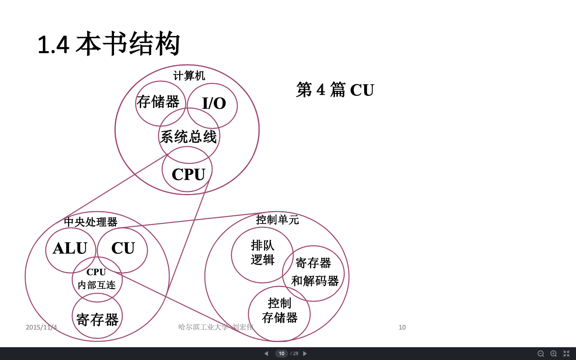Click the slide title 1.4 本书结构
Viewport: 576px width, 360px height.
tap(108, 44)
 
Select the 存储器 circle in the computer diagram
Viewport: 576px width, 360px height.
tap(158, 102)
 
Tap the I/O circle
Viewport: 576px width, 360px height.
tap(214, 103)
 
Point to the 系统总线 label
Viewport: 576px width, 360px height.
tap(188, 137)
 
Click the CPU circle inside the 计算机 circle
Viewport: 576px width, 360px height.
tap(188, 174)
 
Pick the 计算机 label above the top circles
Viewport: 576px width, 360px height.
tap(189, 76)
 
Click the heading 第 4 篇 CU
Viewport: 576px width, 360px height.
tap(335, 90)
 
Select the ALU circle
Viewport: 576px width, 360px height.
tap(70, 248)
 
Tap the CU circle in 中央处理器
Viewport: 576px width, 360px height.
tap(123, 248)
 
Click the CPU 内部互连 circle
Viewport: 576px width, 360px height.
tap(97, 279)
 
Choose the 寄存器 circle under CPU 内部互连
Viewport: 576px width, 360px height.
tap(97, 319)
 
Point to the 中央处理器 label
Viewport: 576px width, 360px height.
tap(91, 222)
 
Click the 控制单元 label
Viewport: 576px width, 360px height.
tap(277, 220)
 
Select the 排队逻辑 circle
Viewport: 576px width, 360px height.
tap(262, 253)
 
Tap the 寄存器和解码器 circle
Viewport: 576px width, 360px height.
tap(314, 272)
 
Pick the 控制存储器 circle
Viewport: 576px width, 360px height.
tap(279, 311)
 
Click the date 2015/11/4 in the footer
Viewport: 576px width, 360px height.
tap(41, 327)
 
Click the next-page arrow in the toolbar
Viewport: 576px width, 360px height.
tap(305, 354)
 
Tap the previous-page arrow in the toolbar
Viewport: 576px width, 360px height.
tap(266, 354)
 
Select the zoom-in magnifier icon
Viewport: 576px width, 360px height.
tap(554, 354)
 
